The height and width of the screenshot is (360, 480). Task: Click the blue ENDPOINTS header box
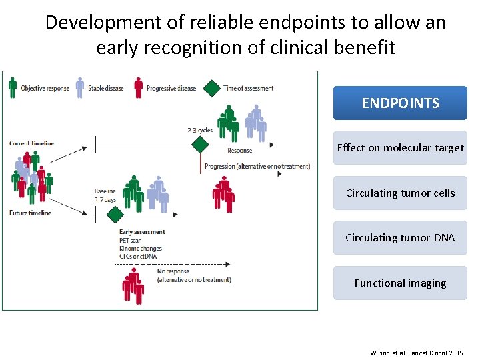pyautogui.click(x=400, y=103)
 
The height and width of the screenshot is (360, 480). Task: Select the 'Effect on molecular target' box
pyautogui.click(x=400, y=148)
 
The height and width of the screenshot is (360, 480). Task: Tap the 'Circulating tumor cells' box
pyautogui.click(x=400, y=193)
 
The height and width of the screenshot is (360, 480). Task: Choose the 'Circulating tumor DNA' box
pyautogui.click(x=400, y=238)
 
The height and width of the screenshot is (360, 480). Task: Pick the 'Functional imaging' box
pyautogui.click(x=400, y=283)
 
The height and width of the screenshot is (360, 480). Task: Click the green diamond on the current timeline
pyautogui.click(x=199, y=144)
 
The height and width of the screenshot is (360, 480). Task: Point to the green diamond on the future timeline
pyautogui.click(x=115, y=215)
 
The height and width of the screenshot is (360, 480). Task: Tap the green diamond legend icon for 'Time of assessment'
pyautogui.click(x=212, y=88)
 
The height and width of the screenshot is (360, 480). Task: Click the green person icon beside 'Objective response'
pyautogui.click(x=13, y=87)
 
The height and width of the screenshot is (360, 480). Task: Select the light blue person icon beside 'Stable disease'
pyautogui.click(x=80, y=87)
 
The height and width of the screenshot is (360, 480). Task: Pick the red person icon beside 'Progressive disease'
pyautogui.click(x=138, y=87)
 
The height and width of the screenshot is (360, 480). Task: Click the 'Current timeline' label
pyautogui.click(x=32, y=143)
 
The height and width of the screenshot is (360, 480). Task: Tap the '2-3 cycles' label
pyautogui.click(x=200, y=130)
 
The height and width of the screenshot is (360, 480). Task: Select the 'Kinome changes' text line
pyautogui.click(x=141, y=249)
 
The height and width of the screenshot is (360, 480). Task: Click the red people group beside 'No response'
pyautogui.click(x=133, y=287)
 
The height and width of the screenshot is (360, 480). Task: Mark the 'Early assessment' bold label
pyautogui.click(x=142, y=232)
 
